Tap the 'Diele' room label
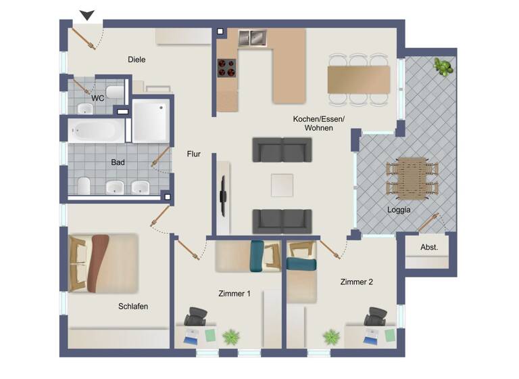[x=137, y=60]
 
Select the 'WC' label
[x=98, y=98]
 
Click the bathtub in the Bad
[x=96, y=131]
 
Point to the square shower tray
[x=149, y=121]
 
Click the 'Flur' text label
[x=194, y=154]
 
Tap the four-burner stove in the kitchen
[x=226, y=67]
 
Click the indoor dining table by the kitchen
[x=358, y=79]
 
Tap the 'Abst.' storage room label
[x=429, y=248]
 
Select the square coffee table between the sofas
[x=282, y=185]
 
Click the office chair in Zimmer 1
[x=197, y=317]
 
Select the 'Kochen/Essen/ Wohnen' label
[x=318, y=123]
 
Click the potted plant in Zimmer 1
[x=232, y=336]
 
